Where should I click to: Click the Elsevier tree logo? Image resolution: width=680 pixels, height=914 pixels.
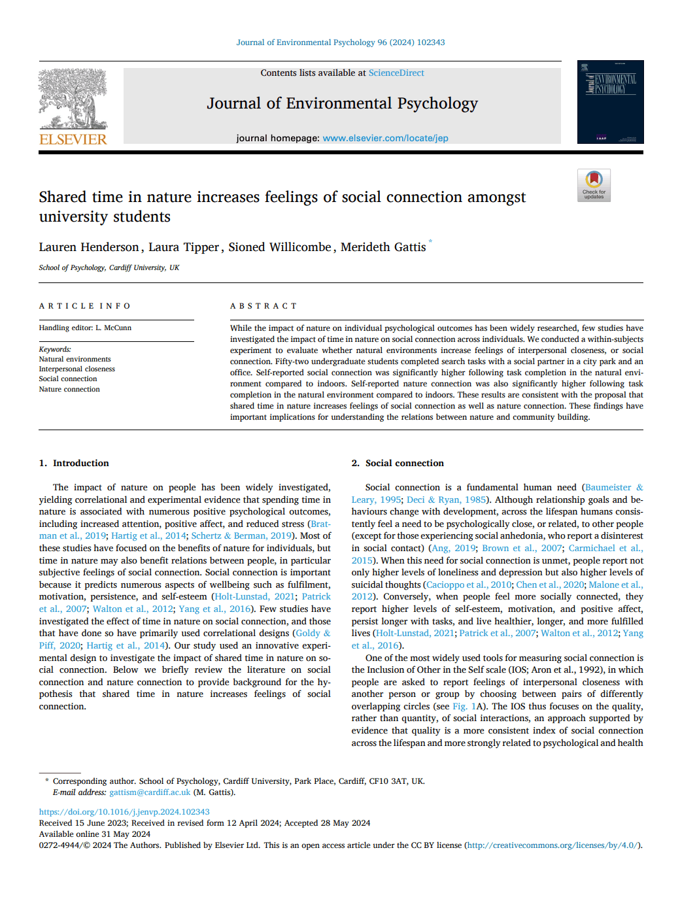73,99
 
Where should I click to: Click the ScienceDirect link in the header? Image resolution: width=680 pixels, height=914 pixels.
396,73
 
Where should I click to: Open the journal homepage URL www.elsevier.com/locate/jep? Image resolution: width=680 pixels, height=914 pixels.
385,139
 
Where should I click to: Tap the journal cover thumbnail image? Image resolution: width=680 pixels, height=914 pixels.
610,102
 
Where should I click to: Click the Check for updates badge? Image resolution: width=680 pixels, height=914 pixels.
594,185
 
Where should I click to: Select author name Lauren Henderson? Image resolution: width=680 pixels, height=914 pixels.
89,247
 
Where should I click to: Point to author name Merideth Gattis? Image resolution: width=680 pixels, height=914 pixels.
383,247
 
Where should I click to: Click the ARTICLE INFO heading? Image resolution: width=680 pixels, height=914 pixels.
84,306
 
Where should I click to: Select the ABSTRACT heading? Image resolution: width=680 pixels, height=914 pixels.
263,306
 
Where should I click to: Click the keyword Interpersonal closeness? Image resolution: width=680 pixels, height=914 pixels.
76,369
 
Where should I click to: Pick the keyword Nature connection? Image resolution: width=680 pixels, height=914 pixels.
69,389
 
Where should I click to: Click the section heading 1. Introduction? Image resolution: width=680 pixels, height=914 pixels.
74,463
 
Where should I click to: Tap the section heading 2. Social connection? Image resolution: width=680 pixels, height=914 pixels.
398,463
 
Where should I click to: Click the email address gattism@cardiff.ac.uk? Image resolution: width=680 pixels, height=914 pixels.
150,792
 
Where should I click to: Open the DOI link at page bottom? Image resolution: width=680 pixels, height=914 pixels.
124,812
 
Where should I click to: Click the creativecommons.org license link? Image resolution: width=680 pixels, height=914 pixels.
552,845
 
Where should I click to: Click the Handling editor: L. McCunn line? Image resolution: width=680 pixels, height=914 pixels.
85,328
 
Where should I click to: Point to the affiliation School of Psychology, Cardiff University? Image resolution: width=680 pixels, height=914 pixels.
109,267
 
